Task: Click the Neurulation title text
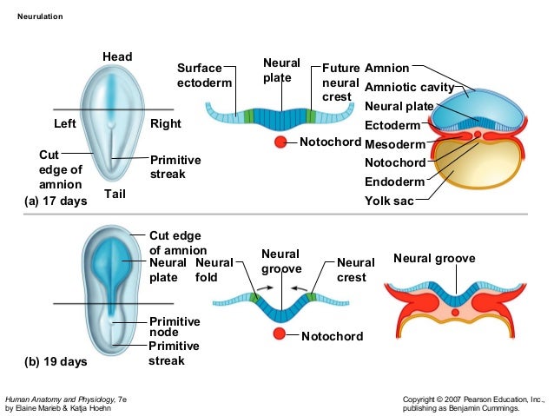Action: (40, 17)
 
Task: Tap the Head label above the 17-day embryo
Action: (117, 57)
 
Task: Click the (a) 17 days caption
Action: (56, 201)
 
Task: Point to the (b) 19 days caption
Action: (56, 361)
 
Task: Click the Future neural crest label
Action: (340, 82)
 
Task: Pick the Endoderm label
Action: (395, 182)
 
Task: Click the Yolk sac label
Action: (389, 201)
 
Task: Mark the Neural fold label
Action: (213, 270)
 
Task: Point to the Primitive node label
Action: (175, 327)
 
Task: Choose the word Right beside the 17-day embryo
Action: (166, 123)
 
